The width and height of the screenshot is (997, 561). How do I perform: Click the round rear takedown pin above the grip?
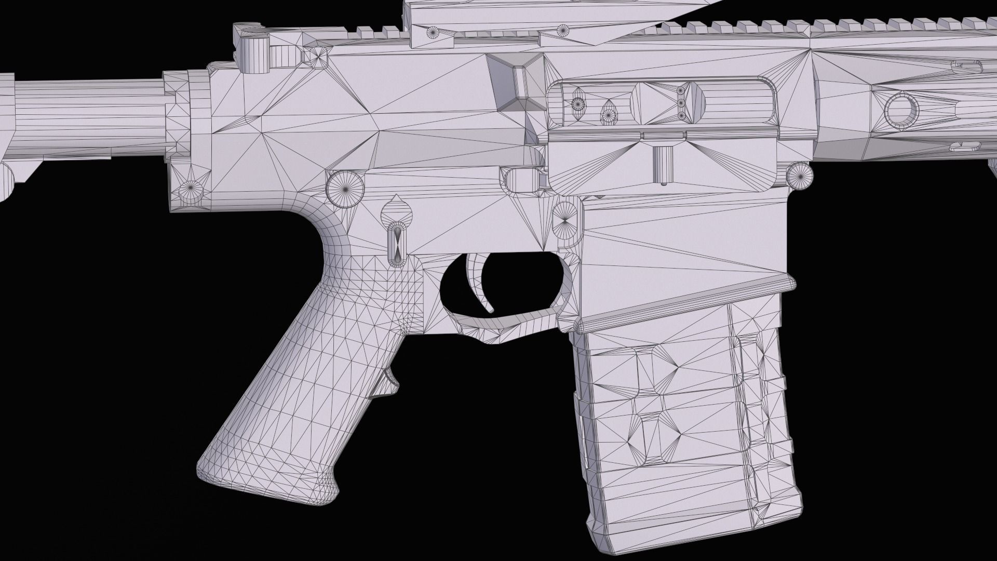pos(344,188)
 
